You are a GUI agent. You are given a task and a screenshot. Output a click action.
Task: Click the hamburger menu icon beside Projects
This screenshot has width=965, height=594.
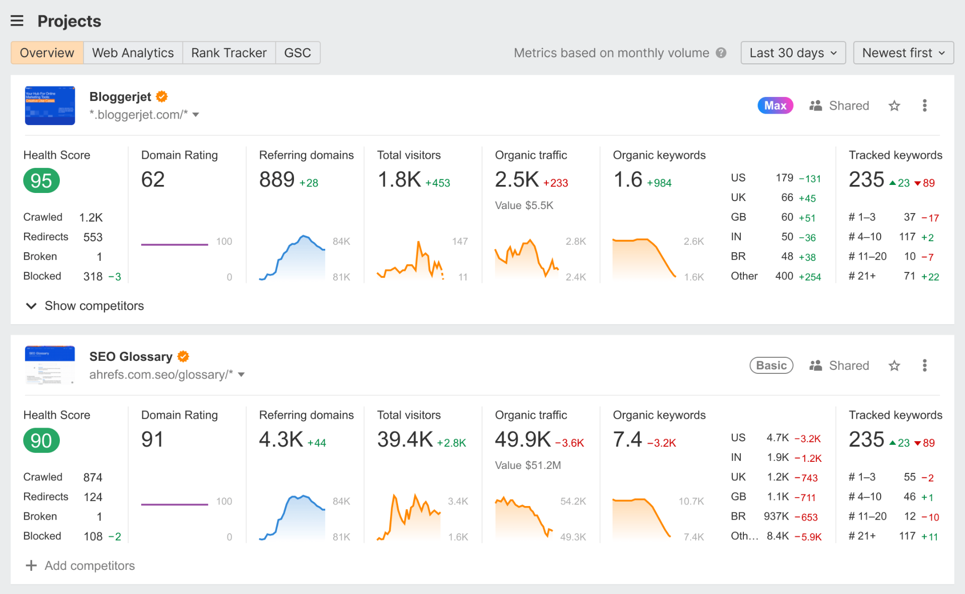coord(17,21)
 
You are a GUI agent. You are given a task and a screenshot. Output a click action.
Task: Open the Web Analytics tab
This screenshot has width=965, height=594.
coord(133,53)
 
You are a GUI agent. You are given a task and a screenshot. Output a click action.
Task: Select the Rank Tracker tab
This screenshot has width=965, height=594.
coord(229,53)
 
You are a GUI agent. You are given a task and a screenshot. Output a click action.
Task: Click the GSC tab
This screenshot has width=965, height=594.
coord(297,53)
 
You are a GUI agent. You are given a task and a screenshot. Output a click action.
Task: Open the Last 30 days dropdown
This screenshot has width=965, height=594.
coord(793,53)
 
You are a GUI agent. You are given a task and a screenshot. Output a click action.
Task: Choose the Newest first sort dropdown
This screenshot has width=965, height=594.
coord(903,53)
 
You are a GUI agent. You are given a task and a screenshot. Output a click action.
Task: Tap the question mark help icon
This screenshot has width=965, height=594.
coord(721,53)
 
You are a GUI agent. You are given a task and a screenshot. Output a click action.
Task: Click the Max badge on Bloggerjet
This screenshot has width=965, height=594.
coord(775,106)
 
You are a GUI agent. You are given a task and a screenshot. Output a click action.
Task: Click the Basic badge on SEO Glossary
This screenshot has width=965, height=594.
coord(771,365)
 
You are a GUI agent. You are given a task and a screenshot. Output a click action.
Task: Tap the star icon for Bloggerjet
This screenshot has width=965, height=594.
coord(894,106)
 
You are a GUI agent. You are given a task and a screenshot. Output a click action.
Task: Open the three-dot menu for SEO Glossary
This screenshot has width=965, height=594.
coord(924,365)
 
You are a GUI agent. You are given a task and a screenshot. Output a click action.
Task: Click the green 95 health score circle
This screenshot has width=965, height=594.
coord(41,181)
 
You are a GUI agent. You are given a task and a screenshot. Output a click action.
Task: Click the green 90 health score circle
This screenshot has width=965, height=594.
coord(41,441)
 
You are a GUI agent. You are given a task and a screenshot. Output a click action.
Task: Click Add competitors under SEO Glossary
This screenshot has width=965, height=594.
coord(80,565)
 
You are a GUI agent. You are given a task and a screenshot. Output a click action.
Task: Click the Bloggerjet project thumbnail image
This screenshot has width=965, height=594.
coord(50,106)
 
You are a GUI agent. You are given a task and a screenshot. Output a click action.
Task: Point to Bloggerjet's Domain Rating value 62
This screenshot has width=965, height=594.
coord(153,180)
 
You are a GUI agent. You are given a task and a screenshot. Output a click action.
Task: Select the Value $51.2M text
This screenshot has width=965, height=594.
coord(528,465)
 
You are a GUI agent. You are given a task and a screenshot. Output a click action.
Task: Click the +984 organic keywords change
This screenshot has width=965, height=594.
coord(659,183)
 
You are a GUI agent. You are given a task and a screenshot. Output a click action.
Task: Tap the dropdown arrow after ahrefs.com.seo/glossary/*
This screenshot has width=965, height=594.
coord(241,375)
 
